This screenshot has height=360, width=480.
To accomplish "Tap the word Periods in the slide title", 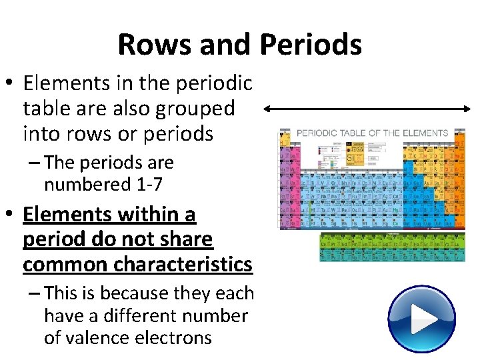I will click(x=311, y=45).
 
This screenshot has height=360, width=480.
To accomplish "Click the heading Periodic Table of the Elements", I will click(x=372, y=133).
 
